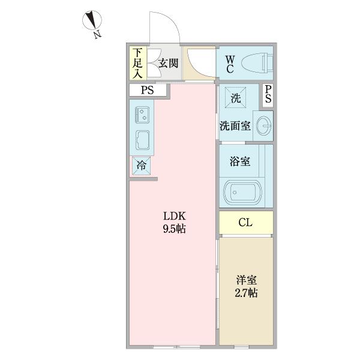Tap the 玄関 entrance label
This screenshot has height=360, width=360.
tap(168, 62)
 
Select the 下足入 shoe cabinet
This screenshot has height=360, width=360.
tap(137, 63)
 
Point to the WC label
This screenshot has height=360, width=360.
tap(230, 62)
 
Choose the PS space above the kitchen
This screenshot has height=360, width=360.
tap(147, 91)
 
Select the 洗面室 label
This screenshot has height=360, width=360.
tap(235, 126)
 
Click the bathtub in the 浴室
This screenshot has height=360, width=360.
tap(242, 193)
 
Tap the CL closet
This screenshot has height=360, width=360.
tap(246, 223)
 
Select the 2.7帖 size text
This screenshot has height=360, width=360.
tap(245, 294)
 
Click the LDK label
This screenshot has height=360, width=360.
tap(172, 216)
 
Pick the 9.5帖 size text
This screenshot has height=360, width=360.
tap(172, 229)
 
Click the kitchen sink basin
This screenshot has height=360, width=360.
tap(143, 139)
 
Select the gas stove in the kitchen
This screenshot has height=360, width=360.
tap(143, 112)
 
